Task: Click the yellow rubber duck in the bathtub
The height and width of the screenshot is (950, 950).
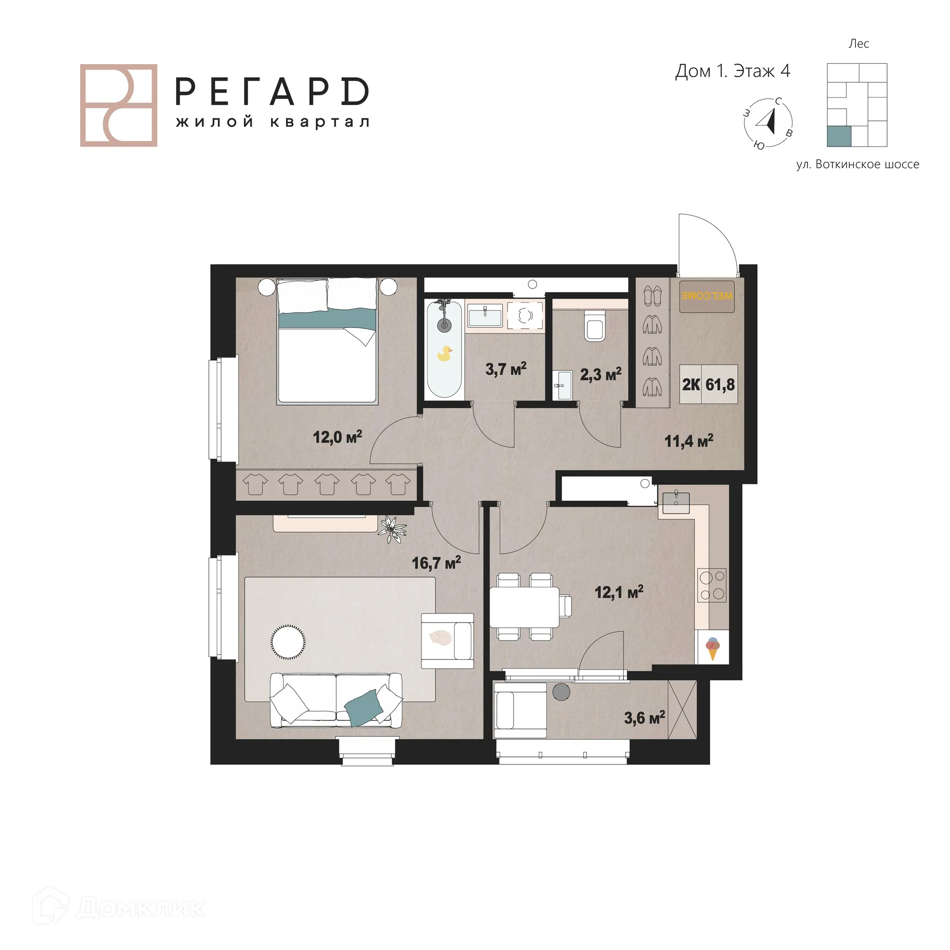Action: pyautogui.click(x=444, y=353)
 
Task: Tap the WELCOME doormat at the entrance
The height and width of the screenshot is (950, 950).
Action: pyautogui.click(x=707, y=296)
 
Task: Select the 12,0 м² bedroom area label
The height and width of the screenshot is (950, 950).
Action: pyautogui.click(x=337, y=437)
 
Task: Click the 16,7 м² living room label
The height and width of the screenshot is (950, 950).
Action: pyautogui.click(x=436, y=563)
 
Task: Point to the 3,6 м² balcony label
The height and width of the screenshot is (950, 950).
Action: pyautogui.click(x=644, y=717)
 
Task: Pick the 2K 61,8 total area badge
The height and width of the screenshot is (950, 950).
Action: pyautogui.click(x=709, y=384)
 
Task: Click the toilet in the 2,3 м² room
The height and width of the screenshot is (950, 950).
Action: pyautogui.click(x=594, y=326)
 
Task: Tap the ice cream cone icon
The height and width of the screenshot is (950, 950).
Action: pyautogui.click(x=712, y=648)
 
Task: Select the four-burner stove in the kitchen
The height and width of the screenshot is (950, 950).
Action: pyautogui.click(x=712, y=585)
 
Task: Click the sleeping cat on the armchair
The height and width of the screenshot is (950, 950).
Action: pyautogui.click(x=440, y=638)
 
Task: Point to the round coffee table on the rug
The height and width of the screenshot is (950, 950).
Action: pyautogui.click(x=287, y=642)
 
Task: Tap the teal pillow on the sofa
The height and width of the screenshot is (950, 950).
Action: pyautogui.click(x=363, y=708)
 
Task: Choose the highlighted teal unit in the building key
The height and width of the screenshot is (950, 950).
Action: pyautogui.click(x=839, y=136)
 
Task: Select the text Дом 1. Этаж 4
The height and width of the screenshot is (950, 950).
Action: pyautogui.click(x=732, y=71)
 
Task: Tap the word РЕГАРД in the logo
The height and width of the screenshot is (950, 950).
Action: pyautogui.click(x=272, y=92)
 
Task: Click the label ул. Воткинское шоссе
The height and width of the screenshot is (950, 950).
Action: pyautogui.click(x=857, y=164)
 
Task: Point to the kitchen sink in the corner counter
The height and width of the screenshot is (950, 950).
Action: pyautogui.click(x=676, y=502)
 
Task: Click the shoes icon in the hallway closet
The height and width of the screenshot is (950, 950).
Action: pyautogui.click(x=652, y=296)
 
